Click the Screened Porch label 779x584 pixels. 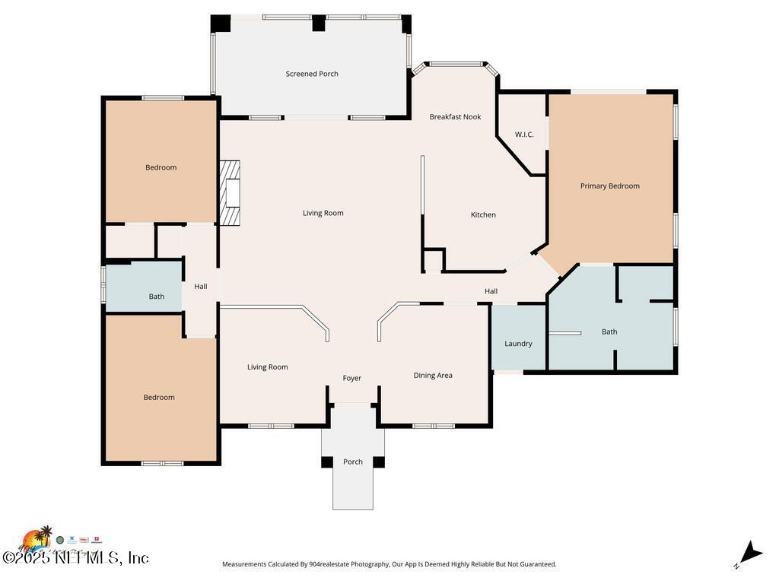pos(312,74)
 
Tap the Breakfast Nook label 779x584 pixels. pos(455,117)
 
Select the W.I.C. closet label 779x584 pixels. pos(524,135)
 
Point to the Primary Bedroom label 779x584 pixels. pos(609,186)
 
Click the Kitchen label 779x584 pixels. pos(483,215)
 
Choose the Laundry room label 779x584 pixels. pos(518,344)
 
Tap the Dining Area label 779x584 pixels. pos(433,376)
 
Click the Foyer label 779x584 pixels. pos(351,379)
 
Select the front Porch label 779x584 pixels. pos(353,462)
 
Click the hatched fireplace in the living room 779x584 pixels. pos(230,193)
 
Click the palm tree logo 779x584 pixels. pos(38,538)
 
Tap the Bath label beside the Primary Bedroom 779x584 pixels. pos(609,332)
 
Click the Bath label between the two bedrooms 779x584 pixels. pos(156,297)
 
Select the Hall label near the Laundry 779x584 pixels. pos(491,291)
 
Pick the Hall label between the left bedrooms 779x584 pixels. pos(201,287)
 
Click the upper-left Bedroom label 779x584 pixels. pos(161,168)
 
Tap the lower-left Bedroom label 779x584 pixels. pos(159,398)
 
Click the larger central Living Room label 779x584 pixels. pos(323,214)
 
